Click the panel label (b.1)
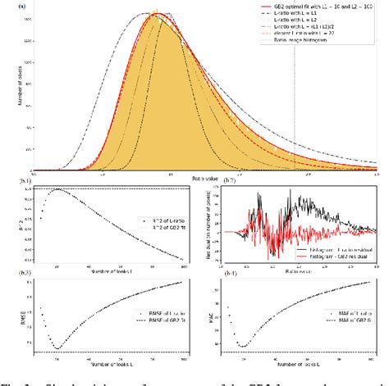pos(32,180)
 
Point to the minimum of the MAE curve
pos(244,345)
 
